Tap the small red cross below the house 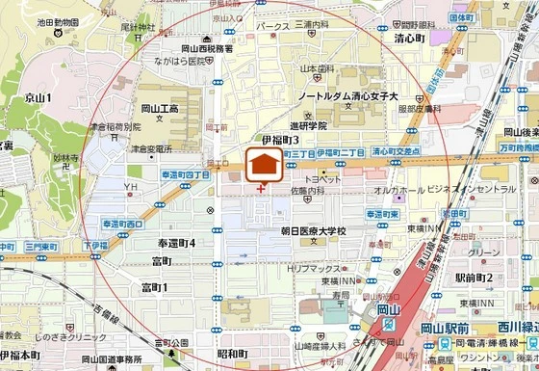click(262, 188)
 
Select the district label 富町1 click(154, 287)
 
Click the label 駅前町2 click(474, 278)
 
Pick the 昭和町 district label click(232, 355)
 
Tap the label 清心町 click(408, 40)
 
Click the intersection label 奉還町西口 click(122, 224)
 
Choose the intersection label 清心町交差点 click(395, 152)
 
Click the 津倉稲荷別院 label click(115, 126)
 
